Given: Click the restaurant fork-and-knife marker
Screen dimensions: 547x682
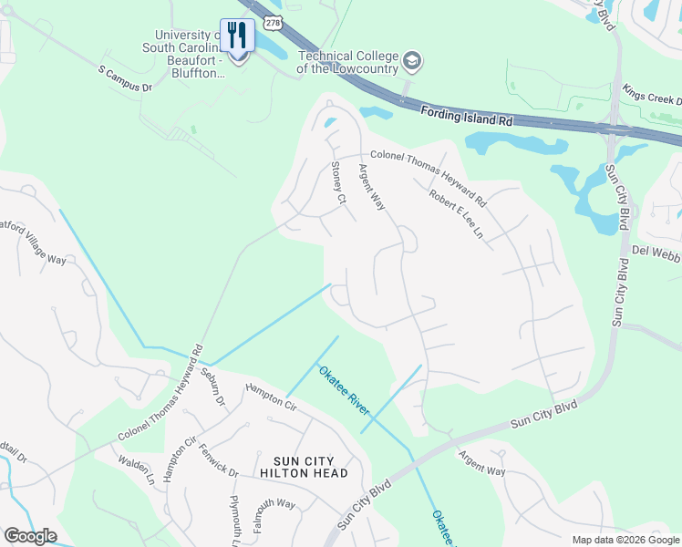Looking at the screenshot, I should (237, 37).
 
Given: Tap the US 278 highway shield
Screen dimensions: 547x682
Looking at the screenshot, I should (274, 19).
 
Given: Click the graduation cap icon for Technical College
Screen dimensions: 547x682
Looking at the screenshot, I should (413, 61).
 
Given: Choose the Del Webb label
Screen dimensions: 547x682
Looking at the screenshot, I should (656, 251).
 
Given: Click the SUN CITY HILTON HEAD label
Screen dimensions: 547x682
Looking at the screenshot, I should (304, 467).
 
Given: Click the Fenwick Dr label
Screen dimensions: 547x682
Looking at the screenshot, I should (221, 460).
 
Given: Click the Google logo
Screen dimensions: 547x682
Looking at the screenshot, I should (30, 536).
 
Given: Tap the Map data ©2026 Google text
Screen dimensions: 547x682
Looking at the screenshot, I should (625, 540).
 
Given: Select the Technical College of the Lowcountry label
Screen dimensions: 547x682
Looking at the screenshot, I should (350, 61).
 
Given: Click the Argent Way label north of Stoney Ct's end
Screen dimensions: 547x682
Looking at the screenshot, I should (372, 187).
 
